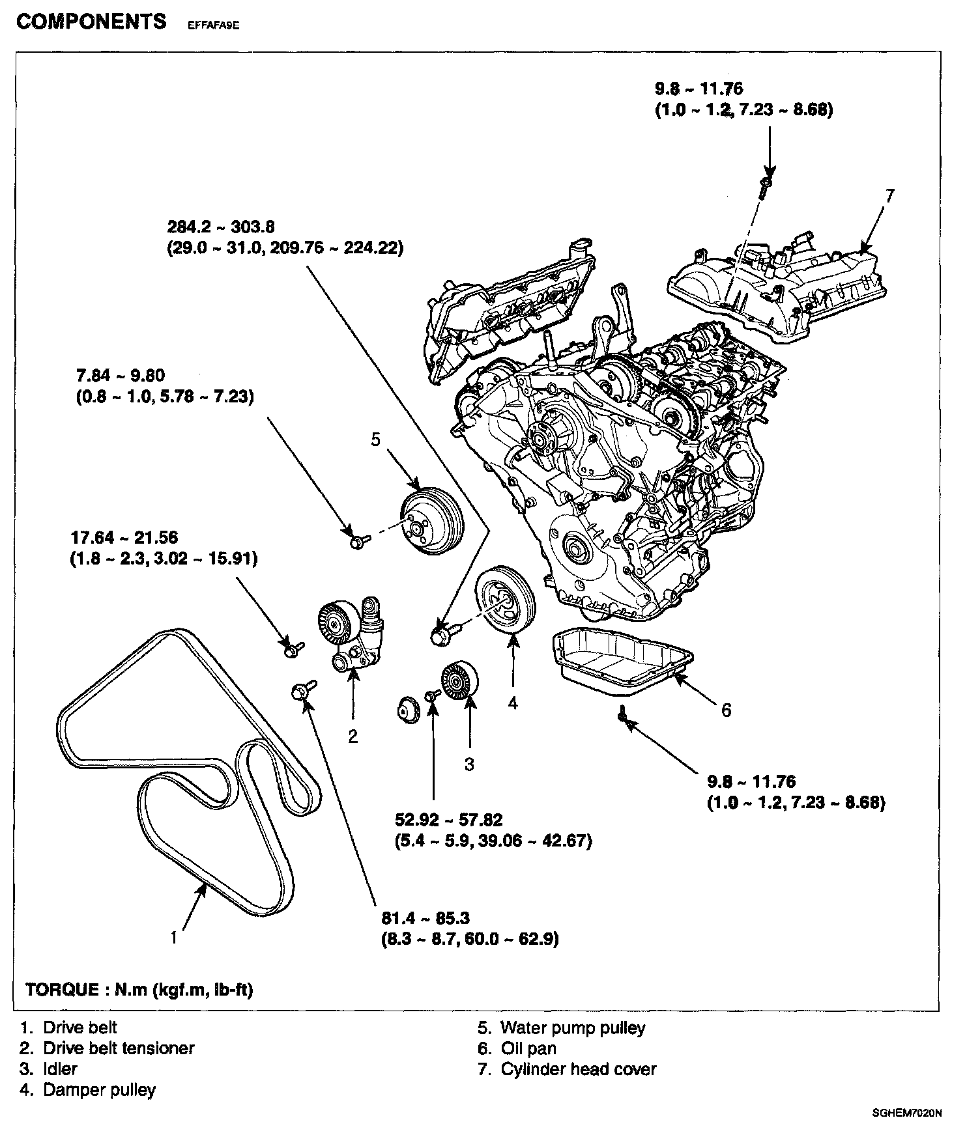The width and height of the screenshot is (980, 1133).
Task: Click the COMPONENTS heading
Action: pos(91,21)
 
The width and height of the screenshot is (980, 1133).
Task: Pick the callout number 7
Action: pos(890,195)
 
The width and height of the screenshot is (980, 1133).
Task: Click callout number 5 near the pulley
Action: pos(375,440)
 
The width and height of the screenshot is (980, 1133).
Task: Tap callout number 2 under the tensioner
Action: pos(353,736)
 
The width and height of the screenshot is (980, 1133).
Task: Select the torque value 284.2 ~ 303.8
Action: pos(221,227)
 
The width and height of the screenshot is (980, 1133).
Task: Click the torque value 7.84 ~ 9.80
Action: pos(121,376)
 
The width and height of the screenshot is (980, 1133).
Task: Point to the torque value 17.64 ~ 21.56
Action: pos(124,538)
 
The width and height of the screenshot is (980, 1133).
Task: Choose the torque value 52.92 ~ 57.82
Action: pos(449,820)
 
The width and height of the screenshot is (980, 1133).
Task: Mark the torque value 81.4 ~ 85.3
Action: pos(425,918)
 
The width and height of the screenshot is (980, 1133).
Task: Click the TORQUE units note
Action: pos(139,990)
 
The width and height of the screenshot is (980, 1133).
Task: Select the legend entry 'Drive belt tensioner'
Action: pos(118,1048)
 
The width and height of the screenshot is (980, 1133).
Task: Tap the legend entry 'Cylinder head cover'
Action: pos(578,1069)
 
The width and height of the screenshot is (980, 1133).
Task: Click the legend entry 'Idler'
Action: pos(60,1069)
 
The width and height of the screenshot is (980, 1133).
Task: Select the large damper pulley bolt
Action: pos(442,634)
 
